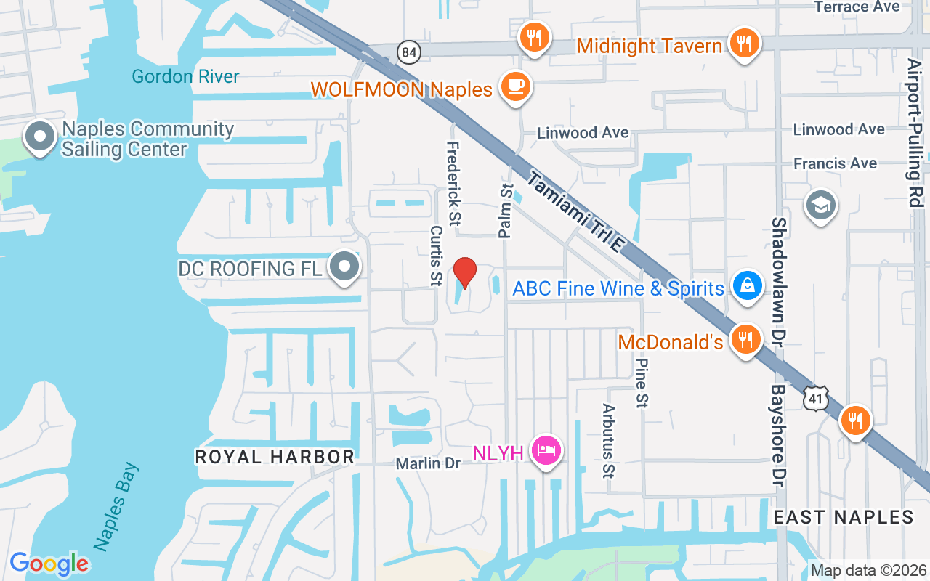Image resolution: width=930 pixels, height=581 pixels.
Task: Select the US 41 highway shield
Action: pos(816,397)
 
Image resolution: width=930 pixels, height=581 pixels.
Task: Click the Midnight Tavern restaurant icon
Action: pos(743,43)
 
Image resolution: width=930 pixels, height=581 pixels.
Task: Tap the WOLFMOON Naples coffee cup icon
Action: pos(516,86)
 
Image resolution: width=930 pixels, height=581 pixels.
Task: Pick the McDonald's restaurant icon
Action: pos(745,339)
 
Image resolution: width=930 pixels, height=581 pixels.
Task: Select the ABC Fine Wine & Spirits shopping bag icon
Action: pos(747,285)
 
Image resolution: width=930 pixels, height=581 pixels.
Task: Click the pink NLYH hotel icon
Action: pos(546,451)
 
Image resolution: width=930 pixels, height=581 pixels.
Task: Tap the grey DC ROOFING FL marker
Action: pos(344,267)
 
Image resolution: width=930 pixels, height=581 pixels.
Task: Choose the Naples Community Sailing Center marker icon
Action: pos(40,136)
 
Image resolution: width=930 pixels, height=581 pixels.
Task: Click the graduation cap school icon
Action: pos(822,206)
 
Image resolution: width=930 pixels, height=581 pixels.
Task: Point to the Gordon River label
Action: pos(185,76)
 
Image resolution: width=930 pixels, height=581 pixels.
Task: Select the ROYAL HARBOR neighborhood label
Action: pos(275,457)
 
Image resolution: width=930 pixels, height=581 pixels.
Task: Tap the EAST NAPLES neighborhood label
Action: pos(843,517)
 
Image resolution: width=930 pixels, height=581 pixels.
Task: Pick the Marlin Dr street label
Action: pos(428,463)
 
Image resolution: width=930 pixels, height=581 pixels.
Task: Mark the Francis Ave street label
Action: pos(835,163)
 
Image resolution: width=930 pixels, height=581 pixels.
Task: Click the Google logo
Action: pos(49,564)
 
